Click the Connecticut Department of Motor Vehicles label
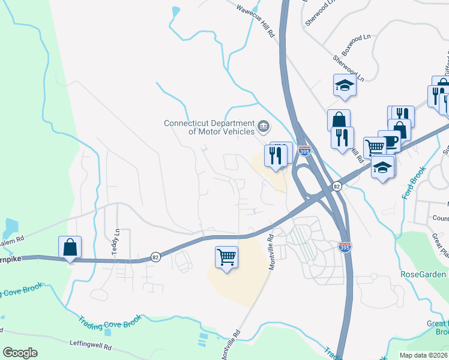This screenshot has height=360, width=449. click(209, 127)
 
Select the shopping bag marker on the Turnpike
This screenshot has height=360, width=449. click(70, 247)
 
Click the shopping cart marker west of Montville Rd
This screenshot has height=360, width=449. click(227, 257)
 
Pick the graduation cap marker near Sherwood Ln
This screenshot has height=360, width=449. click(345, 85)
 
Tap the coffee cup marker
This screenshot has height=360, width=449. click(389, 142)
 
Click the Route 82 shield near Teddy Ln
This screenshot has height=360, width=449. click(155, 257)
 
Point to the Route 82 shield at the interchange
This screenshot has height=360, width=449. click(337, 187)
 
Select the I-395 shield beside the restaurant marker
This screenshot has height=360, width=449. click(305, 151)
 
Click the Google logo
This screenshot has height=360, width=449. click(20, 352)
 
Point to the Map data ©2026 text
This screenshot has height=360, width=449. click(423, 355)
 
